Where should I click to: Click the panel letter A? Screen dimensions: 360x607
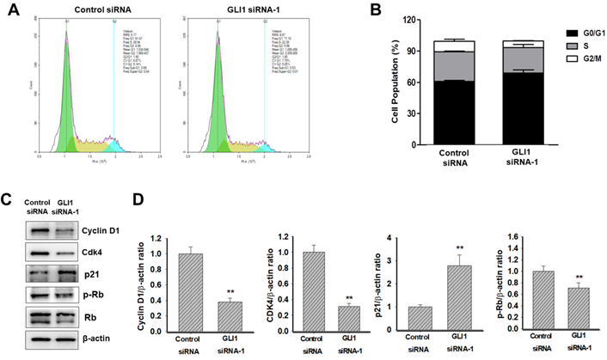pyautogui.click(x=11, y=12)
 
